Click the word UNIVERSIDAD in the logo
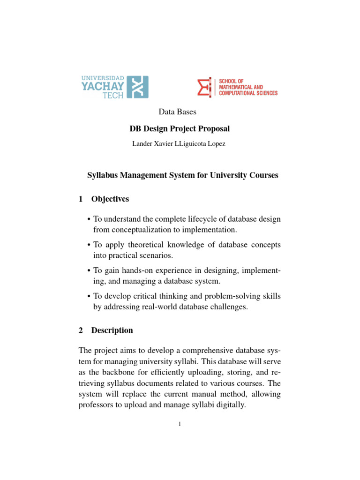pos(103,78)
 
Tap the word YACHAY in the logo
pos(103,86)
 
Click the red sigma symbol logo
pos(204,87)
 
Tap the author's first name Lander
pos(142,144)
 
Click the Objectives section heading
pos(110,199)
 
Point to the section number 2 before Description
pos(80,330)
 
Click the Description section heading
pos(112,330)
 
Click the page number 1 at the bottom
pos(180,425)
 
